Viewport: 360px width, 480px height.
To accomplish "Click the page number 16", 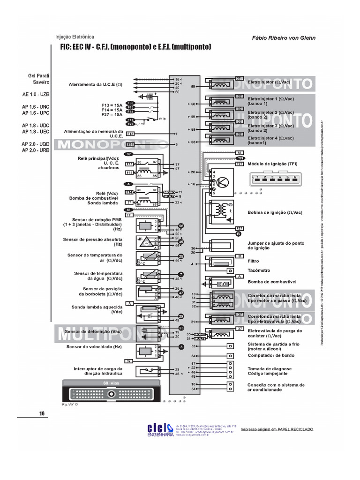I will pyautogui.click(x=42, y=413).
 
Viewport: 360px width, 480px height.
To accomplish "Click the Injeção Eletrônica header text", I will pyautogui.click(x=75, y=37).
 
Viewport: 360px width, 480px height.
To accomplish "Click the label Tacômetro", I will pyautogui.click(x=259, y=270).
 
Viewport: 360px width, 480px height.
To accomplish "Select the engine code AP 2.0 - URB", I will pyautogui.click(x=36, y=150).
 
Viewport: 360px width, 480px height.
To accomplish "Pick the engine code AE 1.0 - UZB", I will pyautogui.click(x=36, y=94).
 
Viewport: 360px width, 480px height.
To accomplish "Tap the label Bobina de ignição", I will pyautogui.click(x=275, y=212).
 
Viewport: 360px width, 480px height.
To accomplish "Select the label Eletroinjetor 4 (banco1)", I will pyautogui.click(x=270, y=140).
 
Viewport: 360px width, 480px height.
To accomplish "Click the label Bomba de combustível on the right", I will pyautogui.click(x=272, y=282).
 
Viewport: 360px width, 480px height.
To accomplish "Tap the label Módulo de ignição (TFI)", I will pyautogui.click(x=272, y=164).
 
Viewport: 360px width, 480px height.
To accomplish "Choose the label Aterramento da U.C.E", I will pyautogui.click(x=95, y=85).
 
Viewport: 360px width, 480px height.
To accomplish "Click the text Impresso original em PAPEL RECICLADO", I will pyautogui.click(x=272, y=429).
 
